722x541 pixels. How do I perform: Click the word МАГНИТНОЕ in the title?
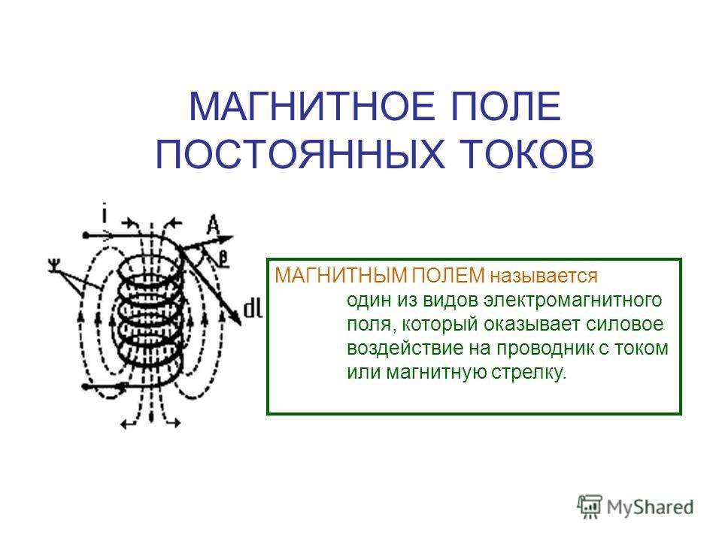tap(311, 107)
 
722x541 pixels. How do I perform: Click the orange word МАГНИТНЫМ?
tap(341, 276)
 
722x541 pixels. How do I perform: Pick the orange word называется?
tap(544, 277)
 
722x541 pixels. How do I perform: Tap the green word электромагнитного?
tap(573, 301)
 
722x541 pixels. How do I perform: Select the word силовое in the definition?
tap(625, 325)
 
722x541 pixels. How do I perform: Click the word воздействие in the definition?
tap(405, 348)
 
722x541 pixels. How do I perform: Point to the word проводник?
tap(546, 349)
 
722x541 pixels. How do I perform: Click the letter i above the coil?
tap(105, 214)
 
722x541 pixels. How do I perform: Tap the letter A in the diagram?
tap(213, 225)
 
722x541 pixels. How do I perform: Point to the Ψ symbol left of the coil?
tap(54, 265)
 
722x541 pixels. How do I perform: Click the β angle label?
tap(223, 258)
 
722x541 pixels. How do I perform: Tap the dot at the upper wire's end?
tap(86, 235)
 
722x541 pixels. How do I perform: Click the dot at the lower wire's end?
tap(85, 387)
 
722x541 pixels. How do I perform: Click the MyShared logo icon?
tap(590, 507)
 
